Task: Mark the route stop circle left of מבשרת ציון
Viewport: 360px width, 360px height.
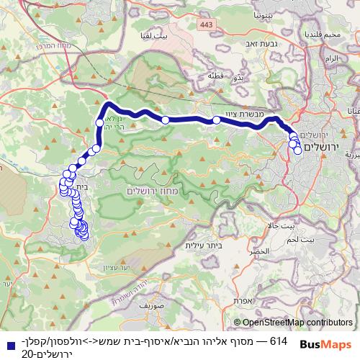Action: (x=216, y=120)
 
